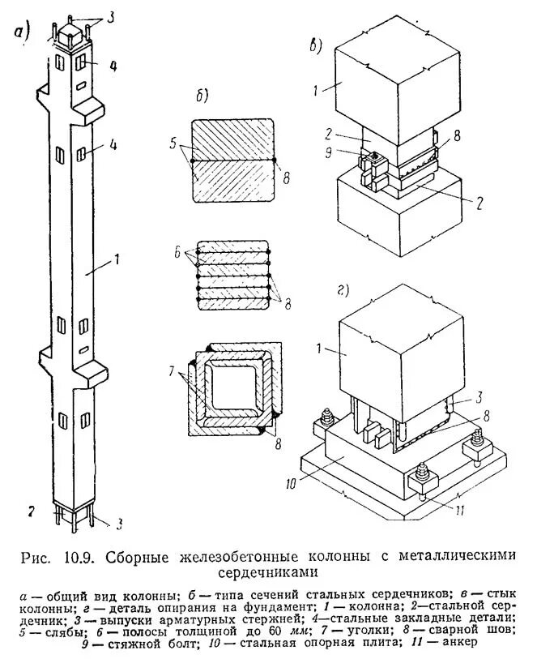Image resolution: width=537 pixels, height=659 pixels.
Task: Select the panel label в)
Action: tap(318, 44)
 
